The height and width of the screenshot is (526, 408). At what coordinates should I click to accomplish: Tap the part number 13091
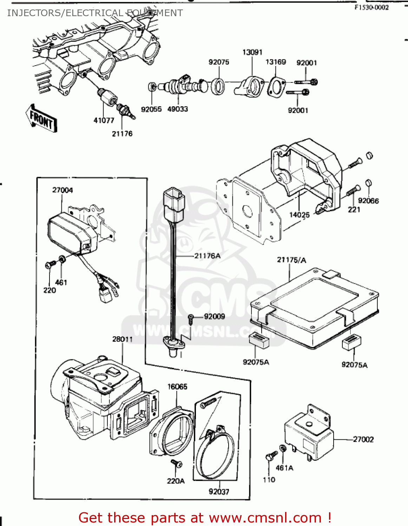click(252, 52)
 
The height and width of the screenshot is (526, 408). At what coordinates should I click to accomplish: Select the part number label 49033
click(177, 109)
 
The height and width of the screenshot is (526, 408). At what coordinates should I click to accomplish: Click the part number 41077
click(104, 120)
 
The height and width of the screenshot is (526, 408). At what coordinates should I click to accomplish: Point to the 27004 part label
click(62, 190)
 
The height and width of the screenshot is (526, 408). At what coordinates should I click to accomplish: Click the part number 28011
click(123, 339)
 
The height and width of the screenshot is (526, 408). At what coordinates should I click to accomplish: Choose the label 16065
click(177, 386)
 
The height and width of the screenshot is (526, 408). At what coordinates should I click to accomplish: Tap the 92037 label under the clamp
click(219, 492)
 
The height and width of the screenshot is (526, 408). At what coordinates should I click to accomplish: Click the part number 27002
click(363, 439)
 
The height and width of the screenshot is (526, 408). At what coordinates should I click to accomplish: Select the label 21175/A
click(291, 260)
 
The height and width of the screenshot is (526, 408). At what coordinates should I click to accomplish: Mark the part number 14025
click(299, 215)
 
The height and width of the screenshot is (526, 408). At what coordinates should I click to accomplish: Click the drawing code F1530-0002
click(371, 7)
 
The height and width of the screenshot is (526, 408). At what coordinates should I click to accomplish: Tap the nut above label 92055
click(152, 86)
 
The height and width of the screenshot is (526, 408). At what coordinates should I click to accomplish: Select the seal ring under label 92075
click(218, 86)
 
